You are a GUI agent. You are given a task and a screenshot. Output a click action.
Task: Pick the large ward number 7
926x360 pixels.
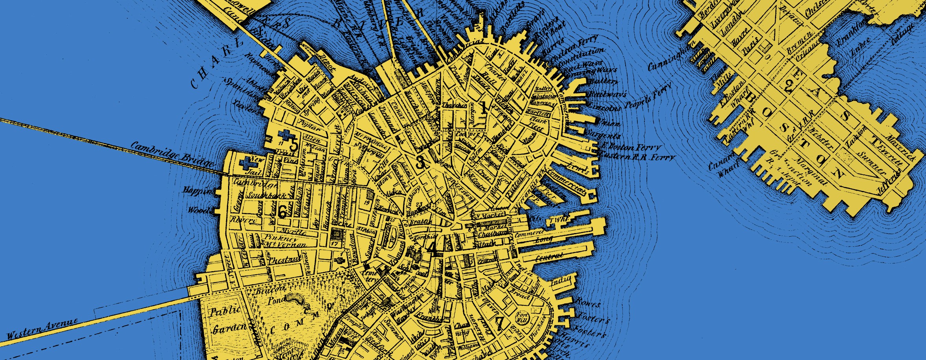(x=499, y=323)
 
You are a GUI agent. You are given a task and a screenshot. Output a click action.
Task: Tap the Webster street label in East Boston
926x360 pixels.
(x=822, y=138)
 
